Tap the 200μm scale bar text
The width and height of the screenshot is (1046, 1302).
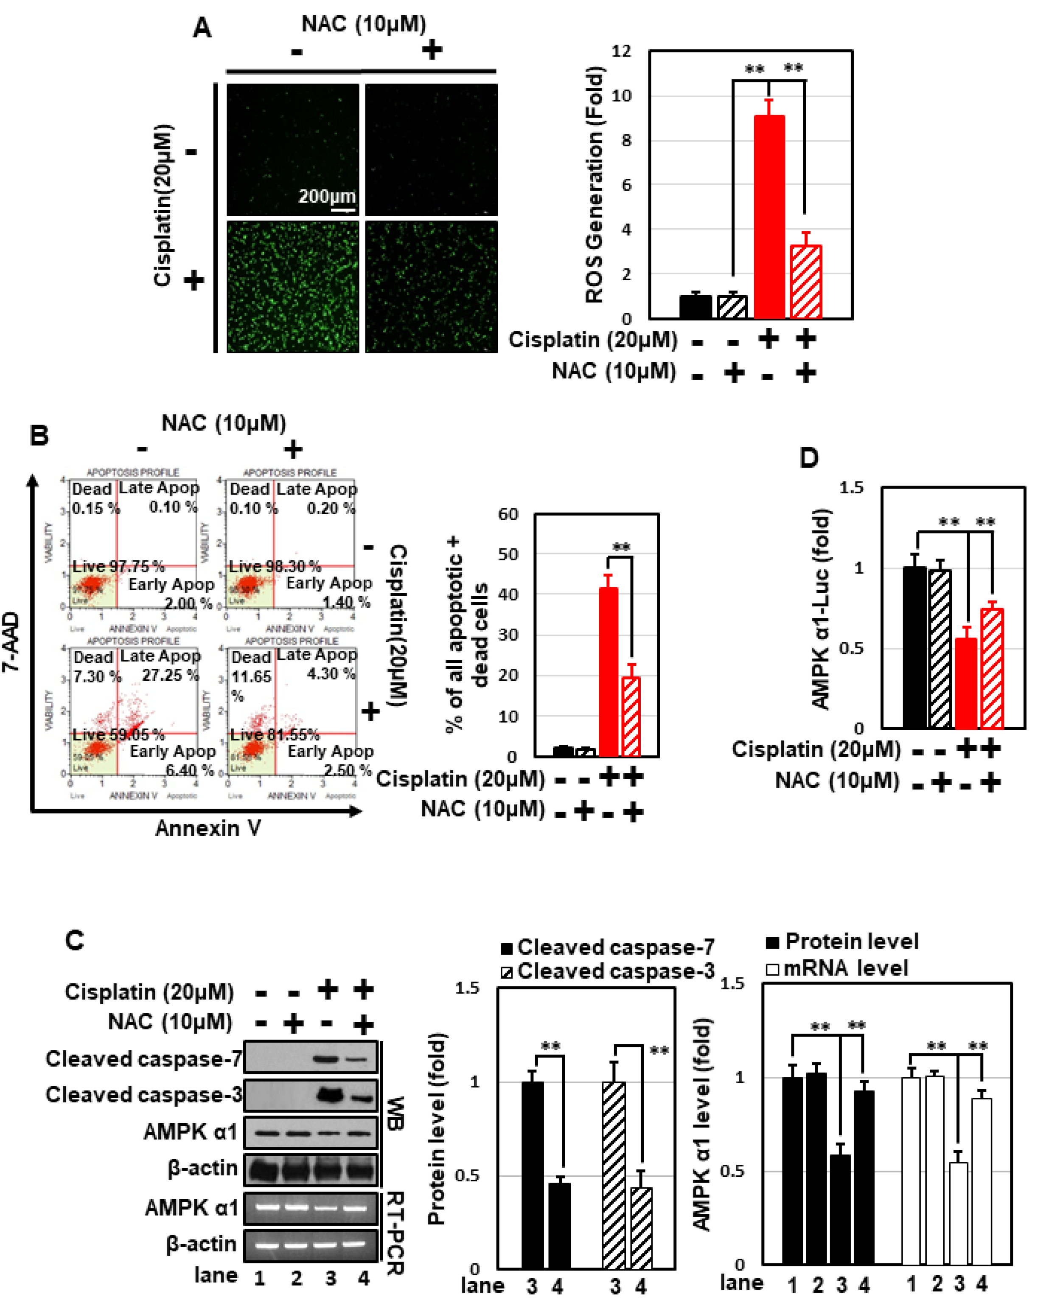click(327, 196)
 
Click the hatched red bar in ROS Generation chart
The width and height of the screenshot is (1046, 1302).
click(806, 282)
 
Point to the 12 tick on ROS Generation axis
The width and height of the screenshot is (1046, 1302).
click(621, 51)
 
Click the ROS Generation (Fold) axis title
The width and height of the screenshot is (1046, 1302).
click(595, 184)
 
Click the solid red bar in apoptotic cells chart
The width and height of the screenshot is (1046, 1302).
click(609, 671)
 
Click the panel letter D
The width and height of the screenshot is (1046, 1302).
click(809, 458)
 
